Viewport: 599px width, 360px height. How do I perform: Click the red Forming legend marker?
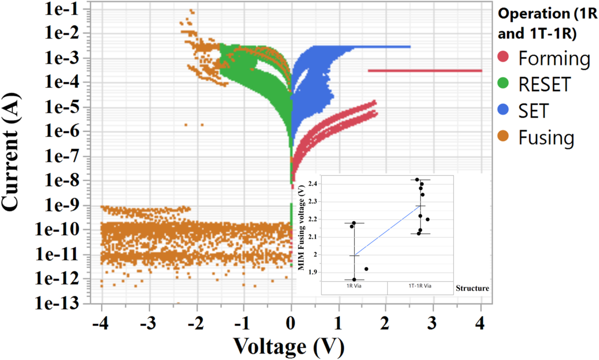503,57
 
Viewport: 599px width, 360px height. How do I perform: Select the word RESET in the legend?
544,84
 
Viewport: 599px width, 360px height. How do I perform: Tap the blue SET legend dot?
503,109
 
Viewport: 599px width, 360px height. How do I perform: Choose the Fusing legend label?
546,137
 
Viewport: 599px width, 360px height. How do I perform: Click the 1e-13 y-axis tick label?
57,303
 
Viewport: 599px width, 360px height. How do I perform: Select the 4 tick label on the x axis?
480,323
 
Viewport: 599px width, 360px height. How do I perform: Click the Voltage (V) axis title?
289,346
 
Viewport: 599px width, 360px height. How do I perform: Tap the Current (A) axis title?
11,151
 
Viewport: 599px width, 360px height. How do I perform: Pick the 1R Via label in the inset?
354,286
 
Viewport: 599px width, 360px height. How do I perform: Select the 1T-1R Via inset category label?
420,286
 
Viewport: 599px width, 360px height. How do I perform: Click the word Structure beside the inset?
472,288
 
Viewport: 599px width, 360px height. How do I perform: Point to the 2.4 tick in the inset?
313,184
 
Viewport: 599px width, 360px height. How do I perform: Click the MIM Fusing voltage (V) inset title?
301,227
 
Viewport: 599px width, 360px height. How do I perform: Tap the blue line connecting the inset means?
387,231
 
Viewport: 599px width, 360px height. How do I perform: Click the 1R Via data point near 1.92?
366,269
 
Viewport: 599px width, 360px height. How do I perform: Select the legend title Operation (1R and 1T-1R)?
547,24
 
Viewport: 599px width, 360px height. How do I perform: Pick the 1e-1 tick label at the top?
62,9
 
